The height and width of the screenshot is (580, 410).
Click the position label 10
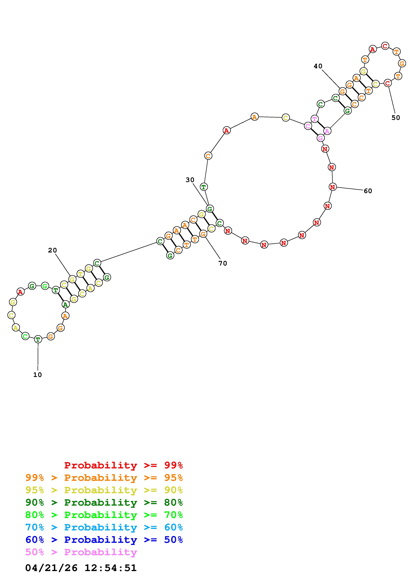click(37, 375)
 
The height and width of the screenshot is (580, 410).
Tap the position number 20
click(53, 250)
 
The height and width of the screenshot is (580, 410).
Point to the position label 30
click(190, 180)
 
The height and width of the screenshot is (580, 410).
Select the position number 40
click(318, 66)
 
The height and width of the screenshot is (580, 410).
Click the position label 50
click(396, 118)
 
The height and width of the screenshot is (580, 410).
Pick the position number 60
click(368, 191)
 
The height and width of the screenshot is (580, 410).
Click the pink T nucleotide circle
click(315, 119)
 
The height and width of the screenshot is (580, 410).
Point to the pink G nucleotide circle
click(321, 138)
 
